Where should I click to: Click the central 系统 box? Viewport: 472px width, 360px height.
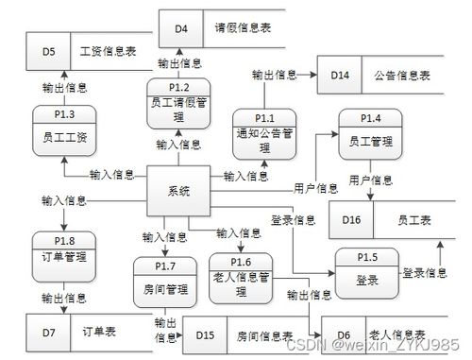point(179,191)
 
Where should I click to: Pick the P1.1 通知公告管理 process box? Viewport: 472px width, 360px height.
point(263,133)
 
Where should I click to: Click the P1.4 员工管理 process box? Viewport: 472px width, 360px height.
point(370,133)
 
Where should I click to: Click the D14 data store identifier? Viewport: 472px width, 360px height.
point(341,74)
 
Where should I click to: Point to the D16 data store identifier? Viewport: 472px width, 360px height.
point(351,219)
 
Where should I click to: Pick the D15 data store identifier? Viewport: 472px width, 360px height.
point(207,334)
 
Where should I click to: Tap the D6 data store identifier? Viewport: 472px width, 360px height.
point(343,334)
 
